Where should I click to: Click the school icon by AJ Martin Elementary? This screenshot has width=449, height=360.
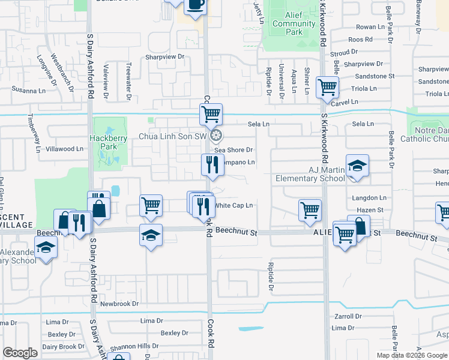coord(357,166)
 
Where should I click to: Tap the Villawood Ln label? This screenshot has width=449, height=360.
coord(64,149)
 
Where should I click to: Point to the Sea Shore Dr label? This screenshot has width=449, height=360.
coord(234,150)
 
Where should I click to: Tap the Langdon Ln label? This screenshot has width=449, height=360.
coord(369,198)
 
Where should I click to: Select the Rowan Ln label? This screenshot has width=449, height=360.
coord(370,27)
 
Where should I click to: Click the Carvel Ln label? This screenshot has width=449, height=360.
coord(345,103)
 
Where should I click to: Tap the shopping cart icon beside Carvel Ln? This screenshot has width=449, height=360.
coord(328,87)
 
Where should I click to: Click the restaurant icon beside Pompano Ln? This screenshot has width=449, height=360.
coord(211,164)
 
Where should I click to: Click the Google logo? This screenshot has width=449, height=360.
coord(20,353)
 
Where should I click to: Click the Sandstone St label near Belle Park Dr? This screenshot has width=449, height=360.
coord(375,76)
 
